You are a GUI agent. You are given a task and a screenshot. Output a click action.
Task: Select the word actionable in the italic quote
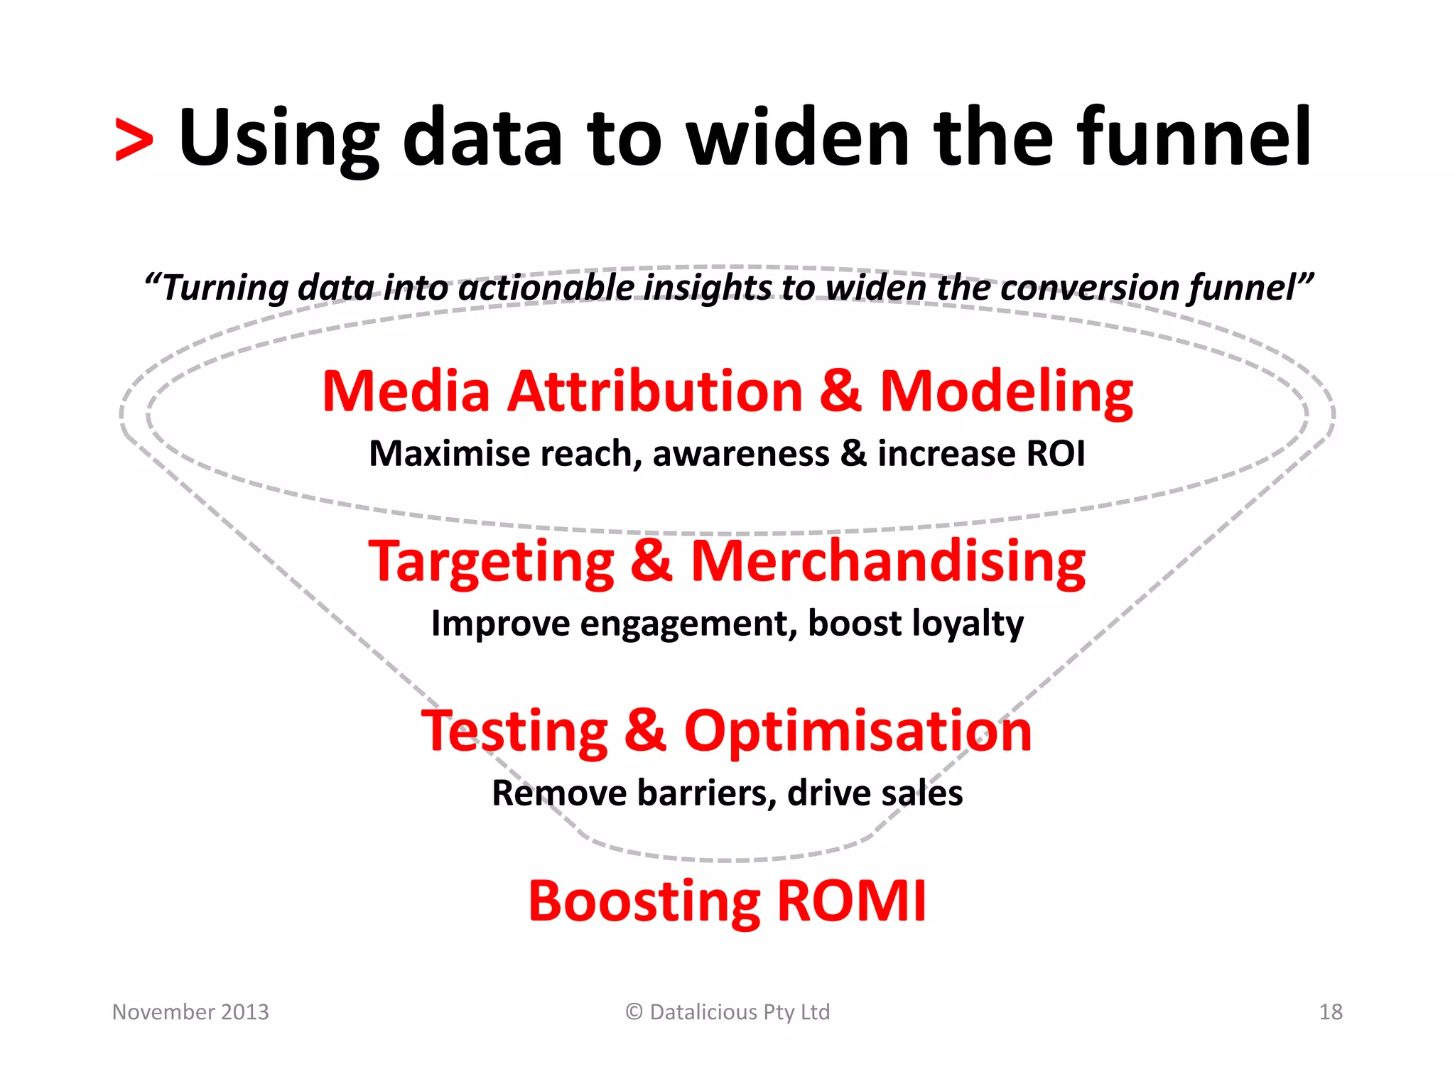tap(546, 288)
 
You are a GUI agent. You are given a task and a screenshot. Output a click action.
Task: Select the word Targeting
tap(491, 562)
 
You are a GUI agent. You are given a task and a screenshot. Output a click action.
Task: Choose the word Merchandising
tap(888, 562)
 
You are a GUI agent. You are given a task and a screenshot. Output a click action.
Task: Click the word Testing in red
tap(515, 732)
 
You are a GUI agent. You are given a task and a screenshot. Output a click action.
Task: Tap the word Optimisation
tap(858, 732)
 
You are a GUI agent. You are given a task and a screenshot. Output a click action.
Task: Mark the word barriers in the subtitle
tap(707, 793)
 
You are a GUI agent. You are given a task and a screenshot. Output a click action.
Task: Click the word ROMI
tap(852, 901)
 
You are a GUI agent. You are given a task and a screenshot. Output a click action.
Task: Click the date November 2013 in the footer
tap(190, 1011)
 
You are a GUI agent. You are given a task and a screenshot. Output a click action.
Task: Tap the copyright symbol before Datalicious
tap(634, 1011)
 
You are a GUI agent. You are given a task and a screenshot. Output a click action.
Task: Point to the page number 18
tap(1331, 1011)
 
